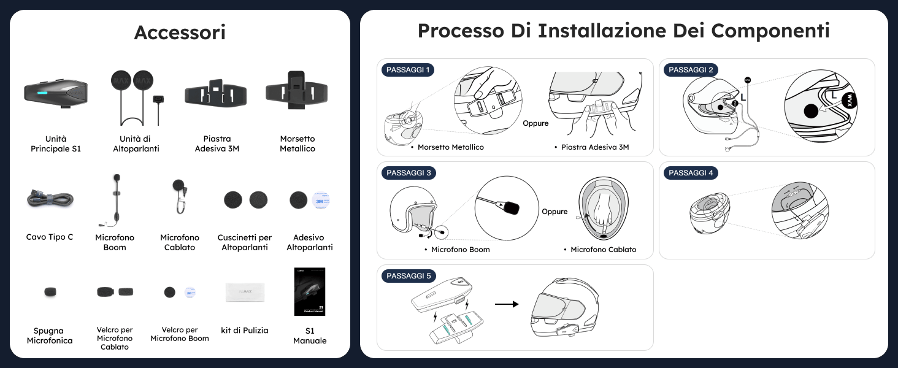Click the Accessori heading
pyautogui.click(x=180, y=33)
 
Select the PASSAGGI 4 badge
pyautogui.click(x=691, y=173)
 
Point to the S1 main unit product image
pyautogui.click(x=56, y=93)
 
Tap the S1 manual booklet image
pyautogui.click(x=310, y=291)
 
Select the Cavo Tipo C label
pyautogui.click(x=50, y=237)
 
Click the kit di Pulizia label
pyautogui.click(x=245, y=331)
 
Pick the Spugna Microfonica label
pyautogui.click(x=50, y=335)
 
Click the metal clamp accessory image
pyautogui.click(x=297, y=91)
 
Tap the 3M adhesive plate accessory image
pyautogui.click(x=216, y=94)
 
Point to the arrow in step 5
pyautogui.click(x=507, y=304)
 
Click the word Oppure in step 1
pyautogui.click(x=535, y=123)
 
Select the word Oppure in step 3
pyautogui.click(x=555, y=212)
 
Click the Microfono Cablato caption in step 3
pyautogui.click(x=603, y=250)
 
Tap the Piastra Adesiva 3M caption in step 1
pyautogui.click(x=595, y=147)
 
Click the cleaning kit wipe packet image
pyautogui.click(x=245, y=291)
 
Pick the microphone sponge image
pyautogui.click(x=50, y=292)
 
